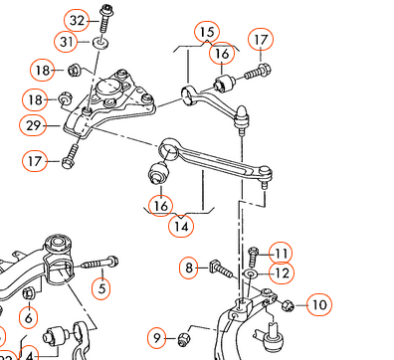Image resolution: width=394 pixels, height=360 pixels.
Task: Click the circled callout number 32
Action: click(x=77, y=21)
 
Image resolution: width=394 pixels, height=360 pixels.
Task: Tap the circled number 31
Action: click(x=67, y=42)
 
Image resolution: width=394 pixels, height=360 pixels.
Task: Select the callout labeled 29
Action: click(x=33, y=125)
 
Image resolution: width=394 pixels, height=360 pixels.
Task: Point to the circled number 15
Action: click(x=207, y=33)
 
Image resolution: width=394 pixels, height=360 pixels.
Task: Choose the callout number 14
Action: click(x=181, y=227)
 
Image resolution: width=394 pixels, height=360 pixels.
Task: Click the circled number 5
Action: click(x=101, y=288)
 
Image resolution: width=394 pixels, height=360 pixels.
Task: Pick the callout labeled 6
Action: click(x=29, y=318)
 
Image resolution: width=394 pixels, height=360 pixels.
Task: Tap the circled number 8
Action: click(x=189, y=268)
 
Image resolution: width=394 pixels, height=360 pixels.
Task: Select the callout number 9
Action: click(x=157, y=338)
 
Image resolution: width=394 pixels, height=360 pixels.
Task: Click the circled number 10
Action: click(x=319, y=305)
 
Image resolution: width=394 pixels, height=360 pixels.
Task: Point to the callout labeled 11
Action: click(x=281, y=254)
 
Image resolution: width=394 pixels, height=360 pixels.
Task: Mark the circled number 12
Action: click(x=282, y=273)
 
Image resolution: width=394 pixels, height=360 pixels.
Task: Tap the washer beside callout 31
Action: click(x=100, y=43)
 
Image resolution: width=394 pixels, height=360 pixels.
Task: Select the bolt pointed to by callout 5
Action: click(x=99, y=264)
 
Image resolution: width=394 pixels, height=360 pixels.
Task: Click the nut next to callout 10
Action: click(x=288, y=305)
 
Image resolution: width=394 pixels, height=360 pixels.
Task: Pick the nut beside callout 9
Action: click(x=183, y=339)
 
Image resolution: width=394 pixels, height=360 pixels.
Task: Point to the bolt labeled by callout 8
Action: click(x=221, y=269)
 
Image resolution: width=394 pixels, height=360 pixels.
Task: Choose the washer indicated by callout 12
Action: click(x=250, y=273)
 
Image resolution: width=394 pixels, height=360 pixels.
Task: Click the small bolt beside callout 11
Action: click(x=254, y=257)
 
